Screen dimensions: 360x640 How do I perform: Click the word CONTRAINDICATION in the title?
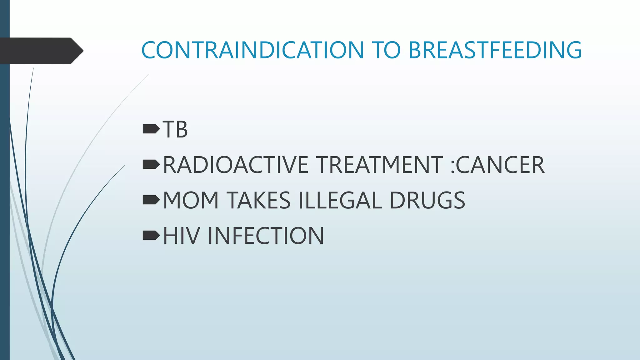click(252, 50)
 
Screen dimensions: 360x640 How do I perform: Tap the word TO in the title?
click(386, 50)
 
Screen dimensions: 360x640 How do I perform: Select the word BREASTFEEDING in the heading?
click(495, 50)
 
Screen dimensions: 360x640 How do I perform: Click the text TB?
click(175, 129)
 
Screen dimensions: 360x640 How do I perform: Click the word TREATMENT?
click(379, 165)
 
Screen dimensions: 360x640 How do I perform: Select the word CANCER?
click(500, 165)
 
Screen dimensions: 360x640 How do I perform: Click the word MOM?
click(191, 200)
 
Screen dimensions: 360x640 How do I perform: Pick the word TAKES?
click(258, 200)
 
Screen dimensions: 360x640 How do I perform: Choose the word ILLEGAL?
click(340, 200)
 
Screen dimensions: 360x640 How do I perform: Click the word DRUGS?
click(427, 200)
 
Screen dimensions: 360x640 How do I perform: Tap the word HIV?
click(181, 236)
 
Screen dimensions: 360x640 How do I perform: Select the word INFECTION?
click(266, 236)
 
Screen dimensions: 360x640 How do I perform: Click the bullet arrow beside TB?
click(151, 129)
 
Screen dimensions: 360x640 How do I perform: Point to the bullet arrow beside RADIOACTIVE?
click(151, 164)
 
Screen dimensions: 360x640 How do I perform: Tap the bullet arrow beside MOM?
click(151, 200)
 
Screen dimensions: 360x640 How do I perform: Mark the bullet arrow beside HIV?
click(151, 235)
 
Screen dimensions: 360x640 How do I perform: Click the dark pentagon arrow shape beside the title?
click(41, 51)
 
